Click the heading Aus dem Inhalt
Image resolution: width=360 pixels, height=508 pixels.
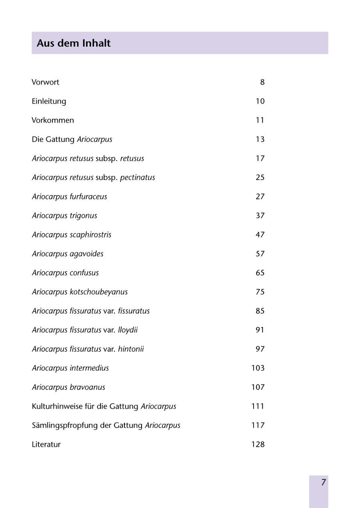coord(74,43)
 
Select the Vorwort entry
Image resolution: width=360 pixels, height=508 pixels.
coord(45,82)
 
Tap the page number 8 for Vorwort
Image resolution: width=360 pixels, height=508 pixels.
coord(262,82)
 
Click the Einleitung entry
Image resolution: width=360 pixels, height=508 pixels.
coord(49,102)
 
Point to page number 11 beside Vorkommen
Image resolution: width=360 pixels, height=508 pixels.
coord(260,120)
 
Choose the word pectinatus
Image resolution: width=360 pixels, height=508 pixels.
coord(137,177)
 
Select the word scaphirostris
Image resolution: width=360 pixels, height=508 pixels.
coord(90,235)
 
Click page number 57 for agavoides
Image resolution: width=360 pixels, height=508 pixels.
coord(260,254)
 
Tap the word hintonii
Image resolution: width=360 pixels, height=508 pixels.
coord(131,349)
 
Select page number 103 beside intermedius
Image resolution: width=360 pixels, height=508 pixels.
coord(258,368)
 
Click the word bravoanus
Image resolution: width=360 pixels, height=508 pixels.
coord(87,387)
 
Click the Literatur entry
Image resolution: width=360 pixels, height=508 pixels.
coord(46,444)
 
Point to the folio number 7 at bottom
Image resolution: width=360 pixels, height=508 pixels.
coord(323,482)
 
